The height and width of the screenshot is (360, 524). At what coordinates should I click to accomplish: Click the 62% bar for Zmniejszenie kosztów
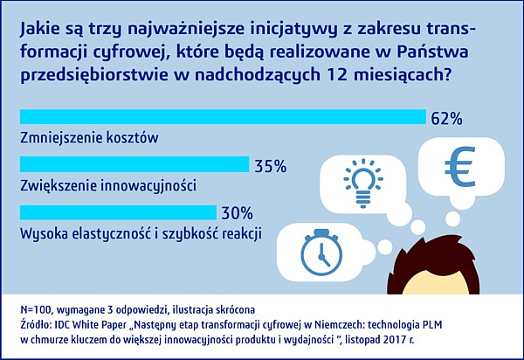pyautogui.click(x=223, y=117)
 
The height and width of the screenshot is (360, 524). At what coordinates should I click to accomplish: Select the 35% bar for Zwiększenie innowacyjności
pyautogui.click(x=134, y=164)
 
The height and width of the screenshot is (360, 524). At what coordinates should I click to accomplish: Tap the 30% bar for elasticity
pyautogui.click(x=118, y=212)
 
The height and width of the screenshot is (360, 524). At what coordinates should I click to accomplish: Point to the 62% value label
pyautogui.click(x=446, y=119)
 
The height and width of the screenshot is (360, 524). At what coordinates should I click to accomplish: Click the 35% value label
pyautogui.click(x=271, y=166)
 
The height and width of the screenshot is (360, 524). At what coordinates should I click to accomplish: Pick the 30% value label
pyautogui.click(x=237, y=213)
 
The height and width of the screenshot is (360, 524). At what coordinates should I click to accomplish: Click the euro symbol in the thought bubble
pyautogui.click(x=460, y=167)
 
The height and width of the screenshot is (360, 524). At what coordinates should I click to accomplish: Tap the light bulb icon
pyautogui.click(x=363, y=183)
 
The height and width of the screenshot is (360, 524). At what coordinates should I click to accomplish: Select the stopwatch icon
pyautogui.click(x=321, y=252)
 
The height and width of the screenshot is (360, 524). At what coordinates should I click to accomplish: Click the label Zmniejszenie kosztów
pyautogui.click(x=89, y=138)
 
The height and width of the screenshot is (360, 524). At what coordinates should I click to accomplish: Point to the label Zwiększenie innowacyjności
pyautogui.click(x=108, y=186)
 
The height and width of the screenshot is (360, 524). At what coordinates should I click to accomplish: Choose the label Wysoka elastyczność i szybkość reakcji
pyautogui.click(x=141, y=233)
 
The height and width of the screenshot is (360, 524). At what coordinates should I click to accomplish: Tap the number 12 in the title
pyautogui.click(x=335, y=74)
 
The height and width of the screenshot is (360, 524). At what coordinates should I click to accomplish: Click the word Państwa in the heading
pyautogui.click(x=433, y=52)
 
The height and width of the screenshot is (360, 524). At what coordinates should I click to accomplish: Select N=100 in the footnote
pyautogui.click(x=37, y=310)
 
